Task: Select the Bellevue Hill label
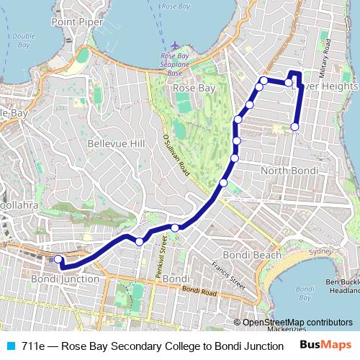(116, 144)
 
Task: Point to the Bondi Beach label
(252, 255)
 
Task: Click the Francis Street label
(217, 274)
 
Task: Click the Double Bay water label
(23, 40)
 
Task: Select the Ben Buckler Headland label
(343, 286)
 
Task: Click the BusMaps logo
(326, 346)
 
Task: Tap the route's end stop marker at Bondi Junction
(58, 260)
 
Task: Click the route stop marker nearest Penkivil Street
(175, 228)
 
